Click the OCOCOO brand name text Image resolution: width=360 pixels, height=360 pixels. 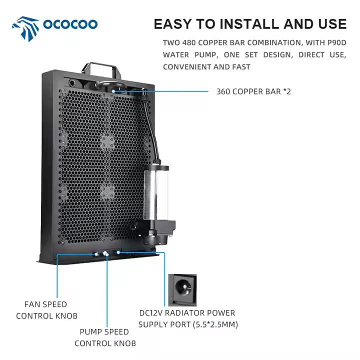70,24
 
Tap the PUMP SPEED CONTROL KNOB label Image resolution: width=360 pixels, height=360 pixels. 105,337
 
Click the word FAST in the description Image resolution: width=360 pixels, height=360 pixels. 239,66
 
